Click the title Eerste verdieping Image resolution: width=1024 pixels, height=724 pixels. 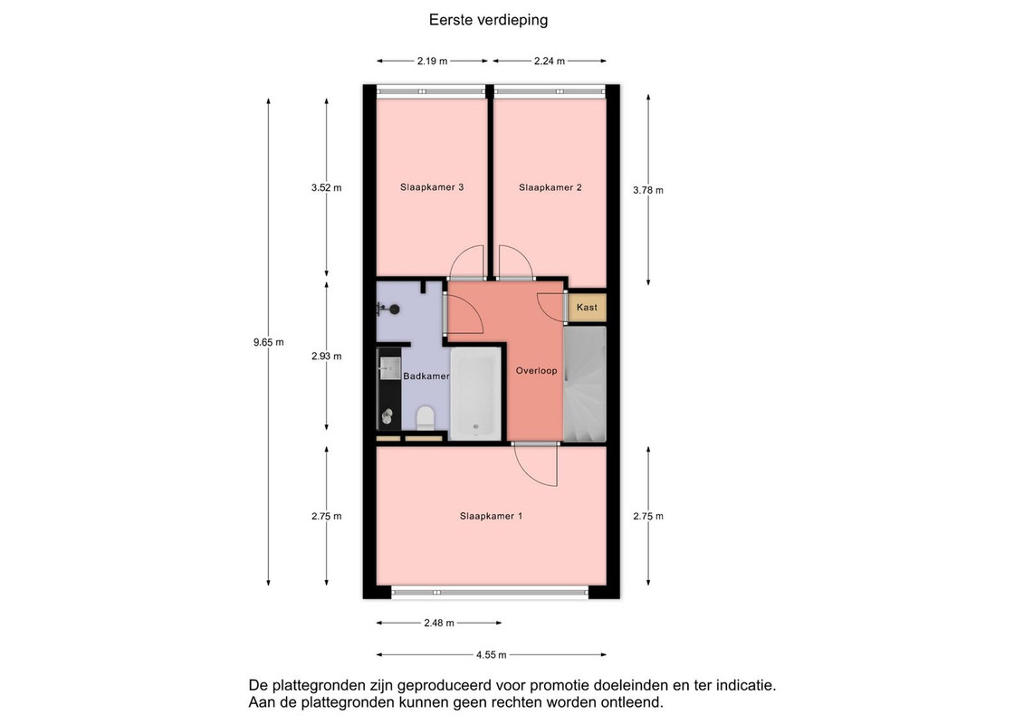(x=488, y=20)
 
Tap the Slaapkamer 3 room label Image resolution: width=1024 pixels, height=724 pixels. (x=432, y=187)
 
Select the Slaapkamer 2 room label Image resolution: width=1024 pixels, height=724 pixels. (x=550, y=187)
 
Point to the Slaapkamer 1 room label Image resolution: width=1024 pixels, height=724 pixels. (x=491, y=516)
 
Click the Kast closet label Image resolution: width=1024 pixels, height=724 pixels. (x=587, y=307)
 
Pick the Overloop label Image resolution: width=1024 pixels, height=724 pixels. (x=536, y=371)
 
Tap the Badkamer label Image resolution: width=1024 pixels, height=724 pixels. (x=426, y=376)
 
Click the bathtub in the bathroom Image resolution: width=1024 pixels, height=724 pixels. (x=475, y=393)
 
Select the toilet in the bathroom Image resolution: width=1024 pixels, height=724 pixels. (x=426, y=418)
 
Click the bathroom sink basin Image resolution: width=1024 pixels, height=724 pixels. (x=390, y=368)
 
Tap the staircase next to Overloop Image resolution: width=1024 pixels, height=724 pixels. (x=585, y=384)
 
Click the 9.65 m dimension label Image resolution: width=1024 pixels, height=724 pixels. (x=268, y=342)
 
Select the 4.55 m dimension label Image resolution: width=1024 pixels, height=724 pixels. (x=491, y=655)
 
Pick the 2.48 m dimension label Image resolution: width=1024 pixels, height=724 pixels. (x=439, y=623)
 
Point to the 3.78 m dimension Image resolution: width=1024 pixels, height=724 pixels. (x=648, y=190)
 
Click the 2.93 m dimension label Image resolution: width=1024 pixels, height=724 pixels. (x=326, y=357)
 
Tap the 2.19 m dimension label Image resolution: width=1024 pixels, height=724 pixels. (x=433, y=62)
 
